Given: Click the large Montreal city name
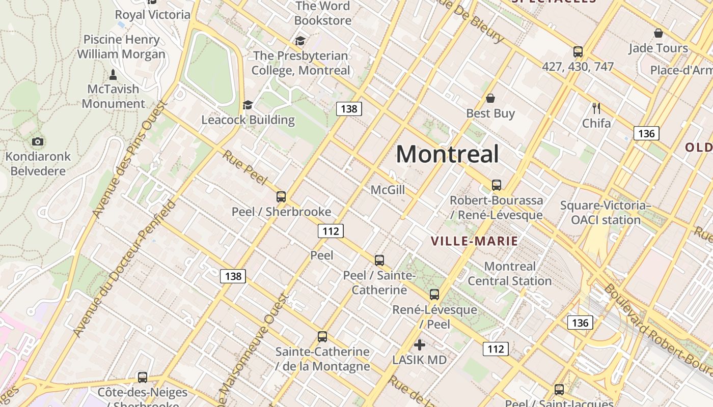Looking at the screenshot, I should pos(447,154).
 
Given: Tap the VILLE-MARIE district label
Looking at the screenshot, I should pos(474,241).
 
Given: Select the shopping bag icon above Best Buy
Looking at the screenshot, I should pos(490,98).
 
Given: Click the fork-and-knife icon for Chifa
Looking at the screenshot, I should pos(596,108).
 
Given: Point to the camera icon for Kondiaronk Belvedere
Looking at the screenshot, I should pos(38,141).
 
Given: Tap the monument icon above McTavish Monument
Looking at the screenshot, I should pos(113,74).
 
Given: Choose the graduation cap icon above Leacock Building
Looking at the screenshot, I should pos(248,105).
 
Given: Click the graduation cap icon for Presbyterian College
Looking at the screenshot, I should pos(300,41).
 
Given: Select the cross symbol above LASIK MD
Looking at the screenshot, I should pos(420,345).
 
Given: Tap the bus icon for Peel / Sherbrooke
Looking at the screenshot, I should pos(281,196).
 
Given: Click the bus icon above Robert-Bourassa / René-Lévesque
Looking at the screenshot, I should pos(497,185).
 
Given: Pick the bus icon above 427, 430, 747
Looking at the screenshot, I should pos(578,51).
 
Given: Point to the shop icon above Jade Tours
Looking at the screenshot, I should pos(658,33).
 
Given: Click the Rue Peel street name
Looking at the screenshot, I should pos(244,167).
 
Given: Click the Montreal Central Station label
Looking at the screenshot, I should pos(509,273).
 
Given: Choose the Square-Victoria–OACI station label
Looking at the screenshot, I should pos(605,213).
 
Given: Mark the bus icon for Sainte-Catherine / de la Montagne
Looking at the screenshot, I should pos(322,336).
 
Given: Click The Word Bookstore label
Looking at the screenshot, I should pos(323,13).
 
